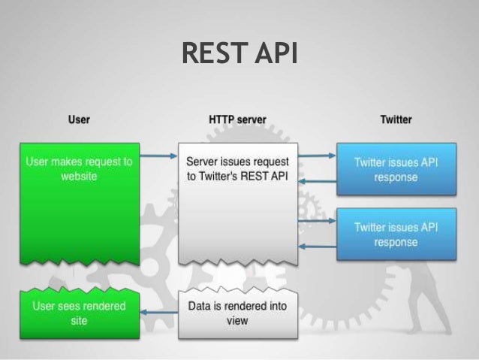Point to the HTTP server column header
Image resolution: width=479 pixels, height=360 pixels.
(237, 119)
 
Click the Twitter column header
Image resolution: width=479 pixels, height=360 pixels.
(396, 119)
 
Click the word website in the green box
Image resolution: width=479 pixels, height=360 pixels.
(79, 177)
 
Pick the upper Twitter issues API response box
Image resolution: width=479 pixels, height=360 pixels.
(396, 170)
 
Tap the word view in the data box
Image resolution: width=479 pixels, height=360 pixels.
(237, 320)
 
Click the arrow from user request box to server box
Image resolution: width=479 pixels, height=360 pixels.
(158, 157)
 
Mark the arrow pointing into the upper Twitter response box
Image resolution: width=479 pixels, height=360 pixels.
(315, 156)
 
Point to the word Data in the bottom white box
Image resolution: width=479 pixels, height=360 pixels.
(198, 307)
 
